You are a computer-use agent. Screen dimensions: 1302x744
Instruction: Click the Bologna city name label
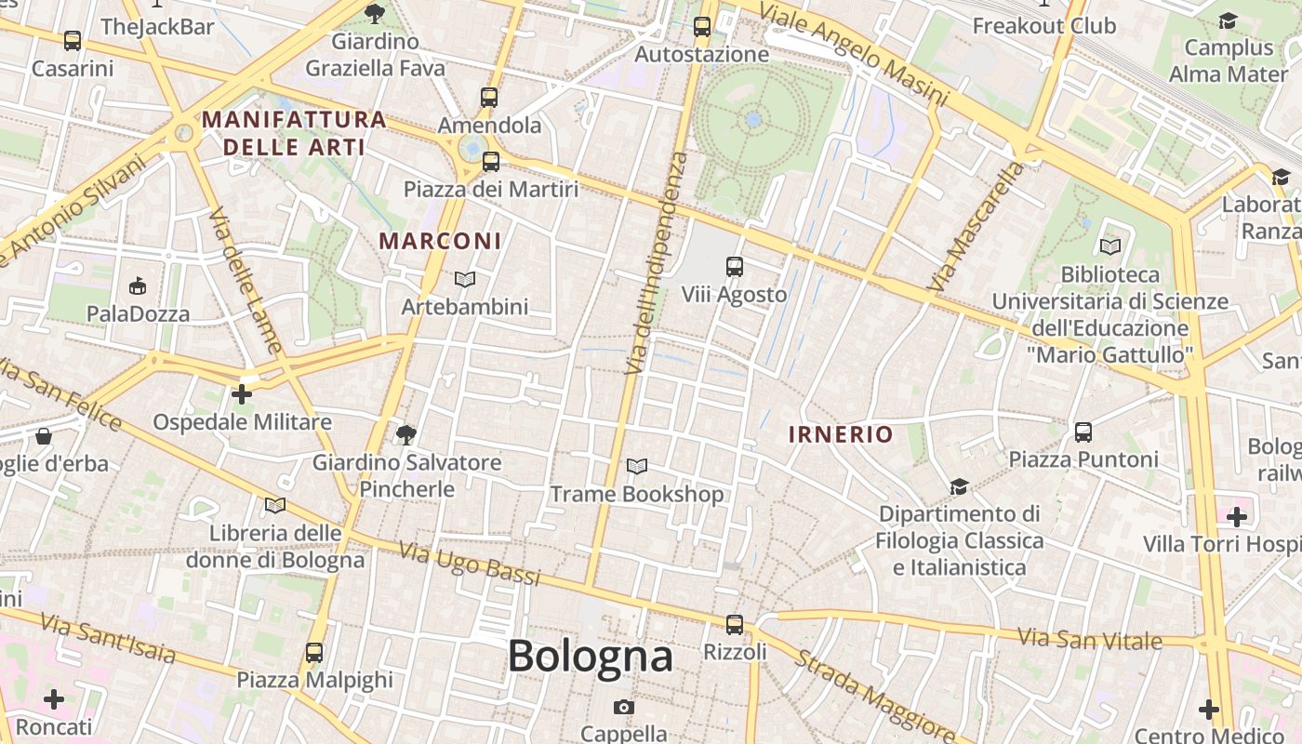point(590,657)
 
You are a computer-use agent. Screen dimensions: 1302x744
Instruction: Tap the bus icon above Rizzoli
point(735,624)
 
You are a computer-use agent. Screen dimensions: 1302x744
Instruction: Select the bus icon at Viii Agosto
point(735,267)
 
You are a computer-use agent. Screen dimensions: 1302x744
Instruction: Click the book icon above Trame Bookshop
point(637,466)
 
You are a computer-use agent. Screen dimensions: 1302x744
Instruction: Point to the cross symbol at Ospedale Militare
point(242,394)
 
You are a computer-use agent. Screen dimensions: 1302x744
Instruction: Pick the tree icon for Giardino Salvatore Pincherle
point(405,433)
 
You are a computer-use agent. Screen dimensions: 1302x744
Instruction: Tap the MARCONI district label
point(440,241)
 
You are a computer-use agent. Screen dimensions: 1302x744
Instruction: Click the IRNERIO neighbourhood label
point(841,434)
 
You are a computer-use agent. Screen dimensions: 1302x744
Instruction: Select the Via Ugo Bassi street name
point(470,564)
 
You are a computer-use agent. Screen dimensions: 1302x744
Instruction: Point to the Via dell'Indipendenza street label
point(657,264)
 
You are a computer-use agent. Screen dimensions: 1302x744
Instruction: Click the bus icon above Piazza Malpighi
point(314,652)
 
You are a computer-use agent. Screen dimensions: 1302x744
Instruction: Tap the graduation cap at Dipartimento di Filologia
point(959,486)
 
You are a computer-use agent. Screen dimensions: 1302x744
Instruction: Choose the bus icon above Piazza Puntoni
point(1083,432)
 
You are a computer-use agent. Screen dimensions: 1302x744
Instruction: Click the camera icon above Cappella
point(624,707)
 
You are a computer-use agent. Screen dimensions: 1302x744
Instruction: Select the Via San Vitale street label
point(1090,639)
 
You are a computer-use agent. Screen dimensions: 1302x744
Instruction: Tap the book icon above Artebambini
point(465,279)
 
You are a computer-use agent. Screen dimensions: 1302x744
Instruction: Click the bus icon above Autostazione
point(702,27)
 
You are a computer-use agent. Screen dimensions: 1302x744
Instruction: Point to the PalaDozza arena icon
point(138,285)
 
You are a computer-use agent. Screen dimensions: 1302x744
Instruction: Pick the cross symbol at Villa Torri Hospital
point(1237,516)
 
